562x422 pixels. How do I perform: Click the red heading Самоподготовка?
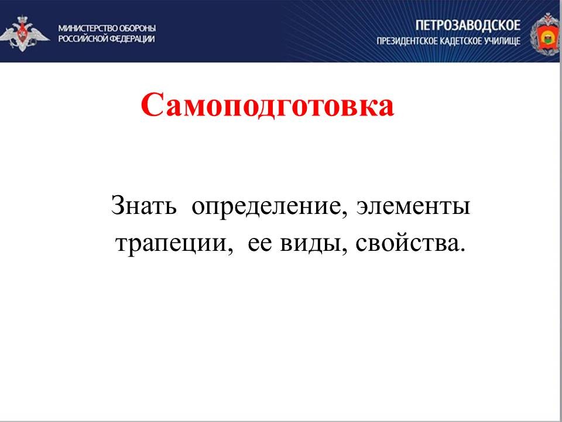click(x=268, y=105)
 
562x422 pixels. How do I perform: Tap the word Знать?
click(x=144, y=206)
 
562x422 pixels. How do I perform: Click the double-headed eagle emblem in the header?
click(x=23, y=33)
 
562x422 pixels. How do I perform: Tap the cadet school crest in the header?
click(x=545, y=34)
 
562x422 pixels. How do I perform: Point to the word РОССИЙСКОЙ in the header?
click(x=83, y=39)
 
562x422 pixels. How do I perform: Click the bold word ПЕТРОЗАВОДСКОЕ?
click(x=468, y=26)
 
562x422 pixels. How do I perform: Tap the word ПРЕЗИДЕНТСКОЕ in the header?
click(x=407, y=42)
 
